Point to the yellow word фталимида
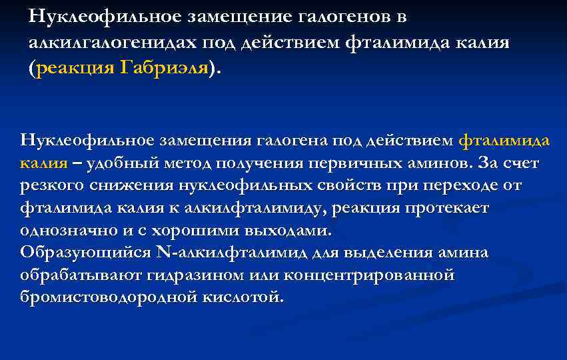click(505, 140)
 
